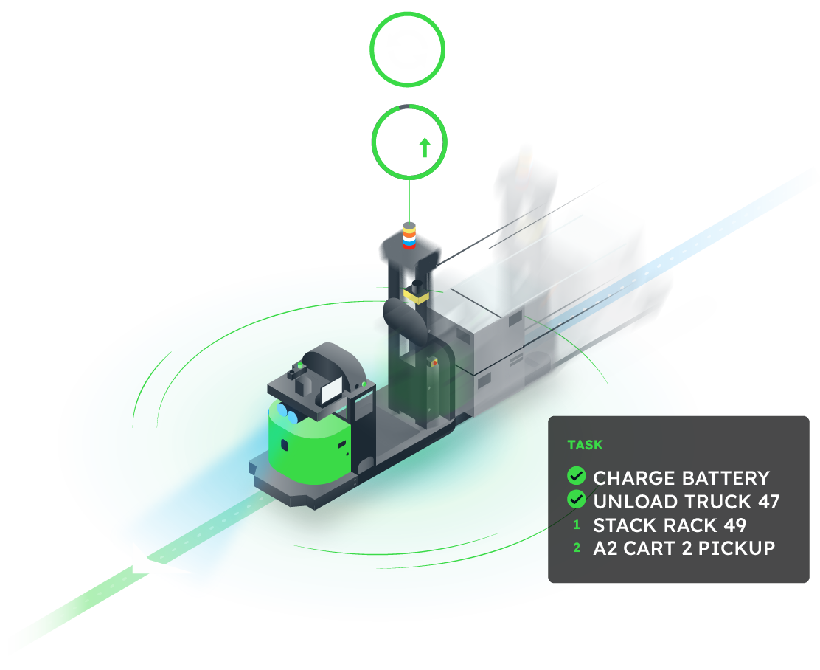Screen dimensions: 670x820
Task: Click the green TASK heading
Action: point(585,445)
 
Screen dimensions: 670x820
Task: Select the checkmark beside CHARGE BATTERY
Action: point(577,477)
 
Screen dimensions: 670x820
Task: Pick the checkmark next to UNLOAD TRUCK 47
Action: point(577,500)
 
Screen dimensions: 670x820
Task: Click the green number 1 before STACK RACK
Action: point(577,526)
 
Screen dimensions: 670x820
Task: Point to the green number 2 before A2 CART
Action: point(577,548)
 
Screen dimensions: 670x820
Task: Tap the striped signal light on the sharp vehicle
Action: point(410,235)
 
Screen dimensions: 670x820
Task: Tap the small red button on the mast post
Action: point(434,362)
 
